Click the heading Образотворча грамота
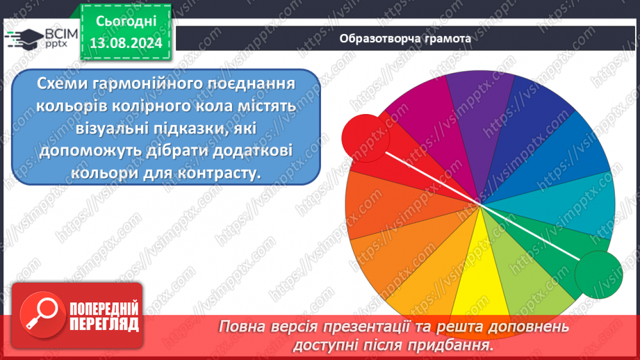coord(405,38)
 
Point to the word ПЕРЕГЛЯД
coord(104,323)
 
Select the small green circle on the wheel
coord(598,273)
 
